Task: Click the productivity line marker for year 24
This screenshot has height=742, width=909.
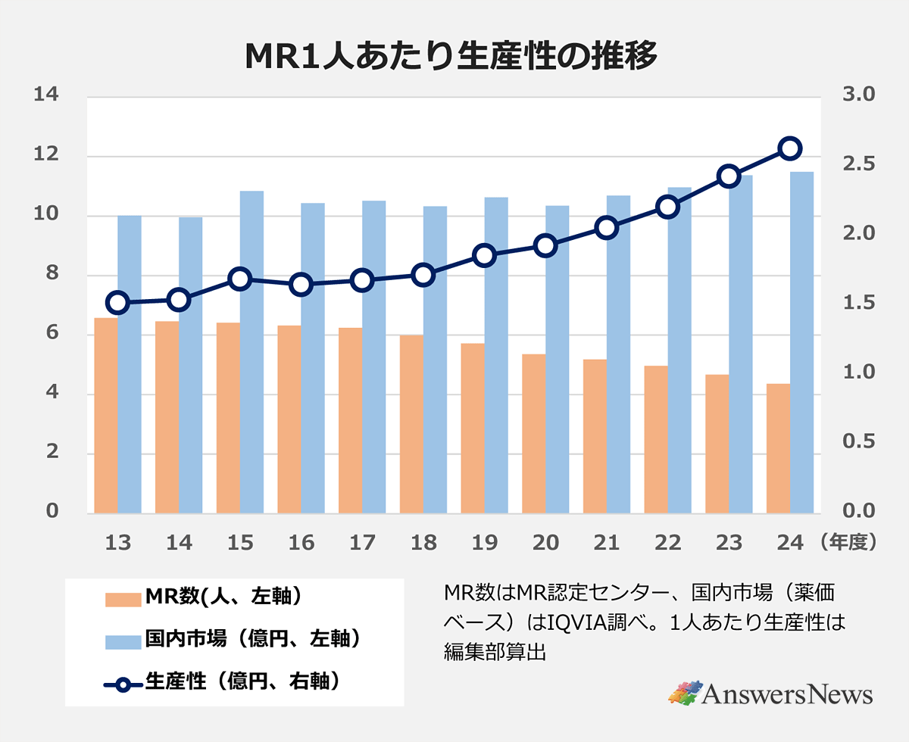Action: pos(790,148)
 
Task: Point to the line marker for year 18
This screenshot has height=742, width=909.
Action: pos(423,275)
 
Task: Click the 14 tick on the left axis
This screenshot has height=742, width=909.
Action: pos(45,95)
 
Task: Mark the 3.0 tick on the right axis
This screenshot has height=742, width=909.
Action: pos(858,95)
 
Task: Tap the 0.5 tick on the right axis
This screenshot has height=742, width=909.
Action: pos(858,441)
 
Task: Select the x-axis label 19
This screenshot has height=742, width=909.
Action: pos(485,543)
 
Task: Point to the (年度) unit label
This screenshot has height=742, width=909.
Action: pos(847,543)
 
